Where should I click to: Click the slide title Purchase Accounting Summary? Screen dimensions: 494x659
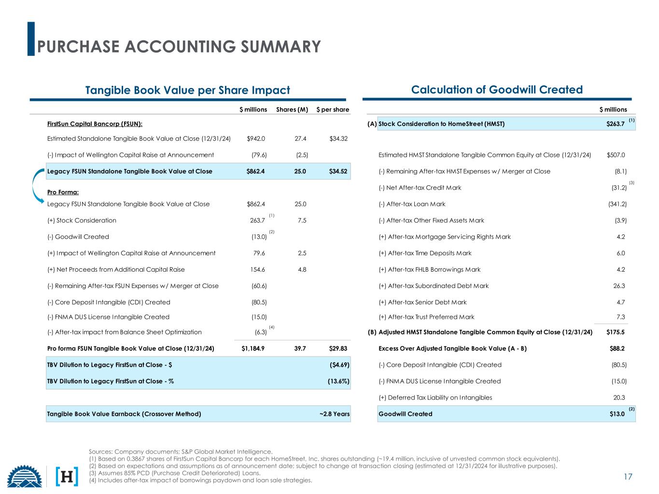(179, 46)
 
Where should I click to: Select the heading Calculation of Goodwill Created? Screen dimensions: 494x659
(497, 90)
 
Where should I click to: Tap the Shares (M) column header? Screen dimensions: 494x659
(292, 110)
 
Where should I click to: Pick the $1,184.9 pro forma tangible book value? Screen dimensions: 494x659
(254, 348)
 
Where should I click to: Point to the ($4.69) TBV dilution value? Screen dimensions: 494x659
(339, 365)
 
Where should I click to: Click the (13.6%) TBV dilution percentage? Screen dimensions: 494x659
(338, 381)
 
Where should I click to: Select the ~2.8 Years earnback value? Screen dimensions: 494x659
(334, 414)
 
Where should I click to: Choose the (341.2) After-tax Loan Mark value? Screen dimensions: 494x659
(617, 204)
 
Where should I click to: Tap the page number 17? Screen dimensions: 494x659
(628, 477)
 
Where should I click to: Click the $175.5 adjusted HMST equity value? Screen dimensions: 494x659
(616, 332)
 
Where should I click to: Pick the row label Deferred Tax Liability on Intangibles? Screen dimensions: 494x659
(435, 398)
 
